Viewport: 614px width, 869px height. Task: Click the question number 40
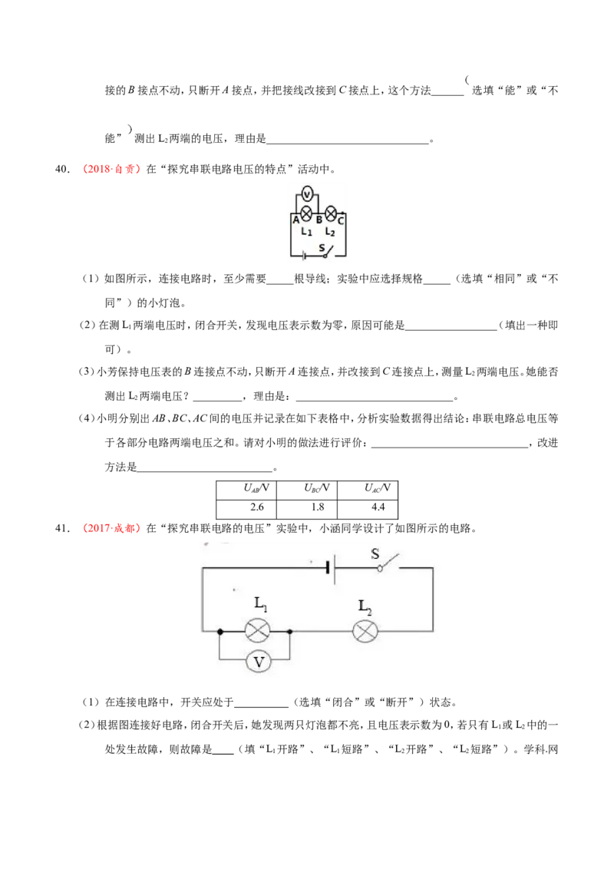tap(62, 169)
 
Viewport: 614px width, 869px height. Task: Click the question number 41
tap(62, 528)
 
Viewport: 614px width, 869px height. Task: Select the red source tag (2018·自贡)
tap(111, 169)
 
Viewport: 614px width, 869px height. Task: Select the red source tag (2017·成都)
tap(111, 528)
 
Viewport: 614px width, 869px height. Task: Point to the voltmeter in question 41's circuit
tap(258, 661)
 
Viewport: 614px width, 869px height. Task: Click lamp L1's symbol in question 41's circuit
tap(258, 631)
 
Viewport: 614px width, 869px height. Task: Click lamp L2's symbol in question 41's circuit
tap(365, 631)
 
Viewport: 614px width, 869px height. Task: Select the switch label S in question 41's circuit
tap(375, 553)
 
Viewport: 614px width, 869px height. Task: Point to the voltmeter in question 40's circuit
tap(307, 194)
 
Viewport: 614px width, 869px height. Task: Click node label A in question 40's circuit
tap(296, 220)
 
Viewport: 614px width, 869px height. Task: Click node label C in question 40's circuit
tap(340, 220)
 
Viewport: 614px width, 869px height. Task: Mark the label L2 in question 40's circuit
tap(330, 232)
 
